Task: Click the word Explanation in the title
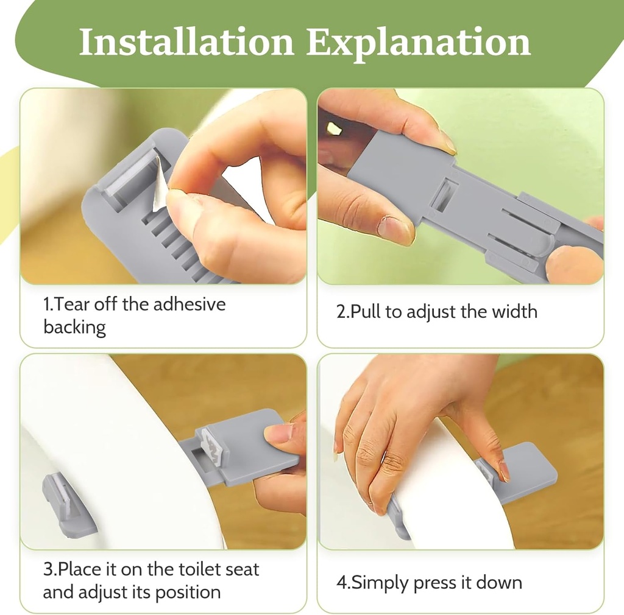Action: (418, 44)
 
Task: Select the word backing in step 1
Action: (74, 328)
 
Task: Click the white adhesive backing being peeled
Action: (160, 183)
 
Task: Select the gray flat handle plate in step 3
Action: (250, 448)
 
